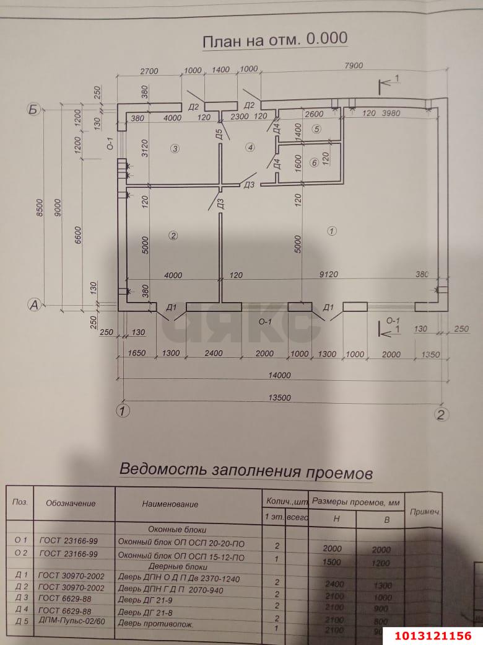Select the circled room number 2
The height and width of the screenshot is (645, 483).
173,235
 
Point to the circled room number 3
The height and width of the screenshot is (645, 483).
175,149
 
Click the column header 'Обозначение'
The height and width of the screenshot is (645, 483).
71,503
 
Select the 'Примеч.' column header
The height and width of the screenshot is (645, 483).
424,512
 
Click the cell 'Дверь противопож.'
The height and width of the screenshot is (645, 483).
155,624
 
